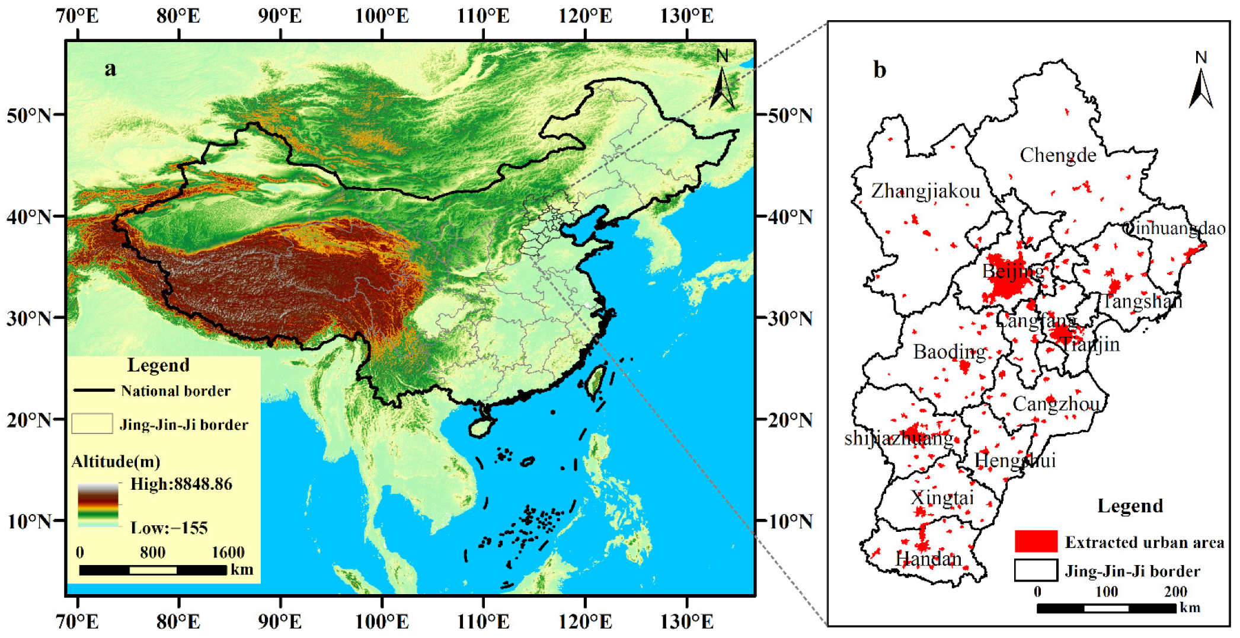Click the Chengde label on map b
click(1057, 155)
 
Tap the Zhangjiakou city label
click(925, 192)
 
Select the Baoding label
click(949, 352)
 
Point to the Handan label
click(928, 559)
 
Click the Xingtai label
click(942, 497)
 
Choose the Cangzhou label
click(1056, 404)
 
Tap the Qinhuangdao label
click(1174, 228)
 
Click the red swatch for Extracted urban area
click(1036, 541)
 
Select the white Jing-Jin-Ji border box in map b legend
click(1036, 570)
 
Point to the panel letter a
click(110, 69)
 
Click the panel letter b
click(880, 70)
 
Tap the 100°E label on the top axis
click(382, 15)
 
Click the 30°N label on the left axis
click(28, 318)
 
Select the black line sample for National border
click(94, 390)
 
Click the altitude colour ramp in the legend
click(98, 505)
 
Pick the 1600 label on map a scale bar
click(228, 553)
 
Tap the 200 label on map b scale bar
click(1175, 592)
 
